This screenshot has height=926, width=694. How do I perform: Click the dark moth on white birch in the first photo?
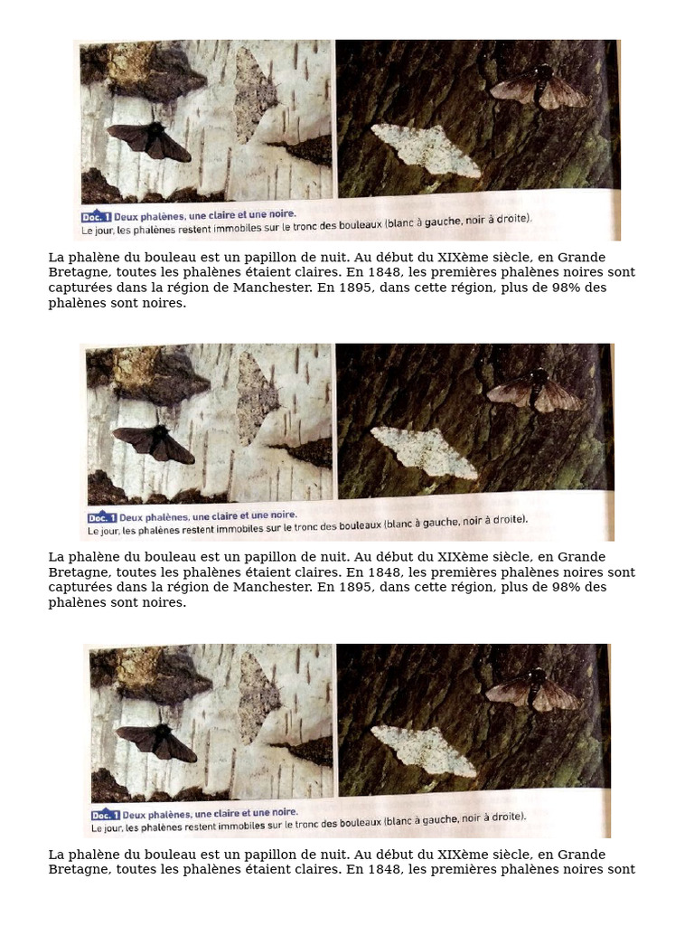point(149,141)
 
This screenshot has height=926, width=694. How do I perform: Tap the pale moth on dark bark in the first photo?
point(426,148)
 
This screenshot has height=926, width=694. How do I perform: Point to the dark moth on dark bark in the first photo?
point(539,89)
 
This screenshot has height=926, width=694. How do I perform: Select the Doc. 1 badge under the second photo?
point(101,518)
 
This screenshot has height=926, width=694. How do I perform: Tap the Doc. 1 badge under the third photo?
point(105,814)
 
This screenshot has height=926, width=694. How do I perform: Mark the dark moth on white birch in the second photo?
point(153,442)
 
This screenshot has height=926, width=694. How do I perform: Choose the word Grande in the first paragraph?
point(582,257)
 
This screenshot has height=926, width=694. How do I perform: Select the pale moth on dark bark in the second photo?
point(424,450)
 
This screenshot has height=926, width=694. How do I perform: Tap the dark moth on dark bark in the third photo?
point(533,692)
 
